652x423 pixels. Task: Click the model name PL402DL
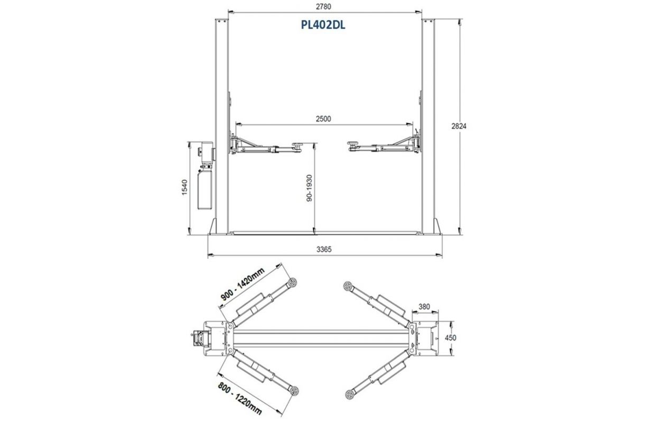[323, 25]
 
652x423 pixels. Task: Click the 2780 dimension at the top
[324, 6]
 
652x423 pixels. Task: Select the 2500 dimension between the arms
[324, 119]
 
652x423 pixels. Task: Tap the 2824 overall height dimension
[459, 126]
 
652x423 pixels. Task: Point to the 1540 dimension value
[184, 187]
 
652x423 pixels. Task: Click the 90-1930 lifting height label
[309, 188]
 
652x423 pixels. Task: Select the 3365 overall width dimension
[324, 250]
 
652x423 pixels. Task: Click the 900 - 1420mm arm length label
[243, 284]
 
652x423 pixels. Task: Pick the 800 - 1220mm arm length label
[240, 398]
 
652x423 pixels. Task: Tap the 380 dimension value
[424, 307]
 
